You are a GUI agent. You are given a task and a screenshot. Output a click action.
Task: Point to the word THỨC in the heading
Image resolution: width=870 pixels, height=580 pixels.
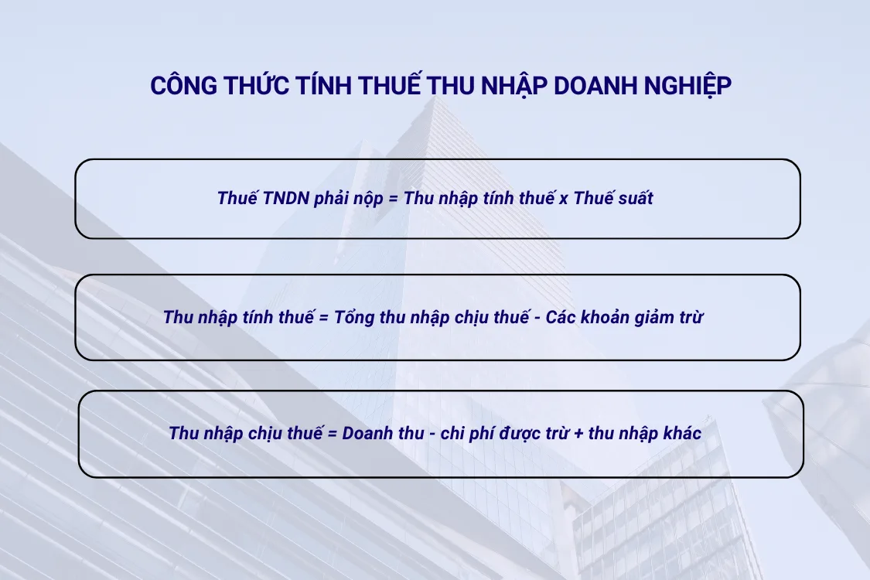coord(255,86)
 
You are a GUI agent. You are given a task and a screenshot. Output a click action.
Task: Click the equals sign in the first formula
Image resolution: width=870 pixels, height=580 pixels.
coord(392,199)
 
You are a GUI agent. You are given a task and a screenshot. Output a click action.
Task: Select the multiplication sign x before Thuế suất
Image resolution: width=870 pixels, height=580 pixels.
coord(563,199)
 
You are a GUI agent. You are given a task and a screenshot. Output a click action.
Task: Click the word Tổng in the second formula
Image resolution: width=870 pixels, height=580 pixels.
coord(354,317)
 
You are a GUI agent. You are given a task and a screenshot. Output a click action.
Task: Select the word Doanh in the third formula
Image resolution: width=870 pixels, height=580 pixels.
coord(366,433)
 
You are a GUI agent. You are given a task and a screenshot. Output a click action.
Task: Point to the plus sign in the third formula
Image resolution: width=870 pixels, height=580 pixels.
coord(578,434)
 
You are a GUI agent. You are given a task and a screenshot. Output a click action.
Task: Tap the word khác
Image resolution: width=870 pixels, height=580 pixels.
coord(682,433)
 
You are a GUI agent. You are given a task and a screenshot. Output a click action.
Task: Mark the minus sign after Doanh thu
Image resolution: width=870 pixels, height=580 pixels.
coord(430,434)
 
